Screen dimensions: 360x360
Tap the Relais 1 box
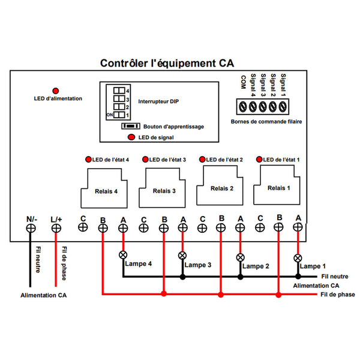[278, 187]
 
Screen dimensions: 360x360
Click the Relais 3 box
[164, 190]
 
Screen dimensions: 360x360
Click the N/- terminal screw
[31, 228]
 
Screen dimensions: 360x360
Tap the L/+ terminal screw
[56, 228]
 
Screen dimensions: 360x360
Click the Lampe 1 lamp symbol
[298, 258]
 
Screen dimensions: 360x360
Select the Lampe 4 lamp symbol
[123, 254]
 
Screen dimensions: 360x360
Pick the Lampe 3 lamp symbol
[182, 256]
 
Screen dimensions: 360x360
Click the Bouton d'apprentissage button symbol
[130, 127]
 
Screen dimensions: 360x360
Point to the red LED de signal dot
[131, 137]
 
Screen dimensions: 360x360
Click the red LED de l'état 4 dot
[89, 160]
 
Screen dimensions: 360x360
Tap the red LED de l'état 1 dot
[259, 160]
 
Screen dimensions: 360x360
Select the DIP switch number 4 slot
[119, 91]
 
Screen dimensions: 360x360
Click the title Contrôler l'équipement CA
[167, 63]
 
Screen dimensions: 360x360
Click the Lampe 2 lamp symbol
[241, 257]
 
